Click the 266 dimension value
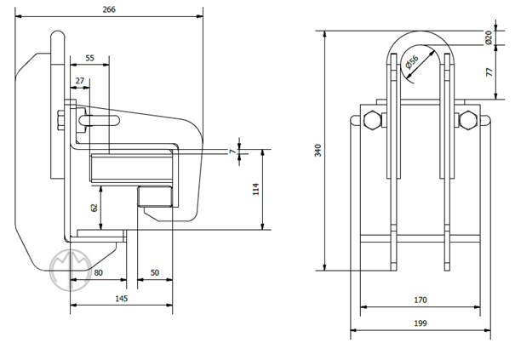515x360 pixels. click(x=108, y=9)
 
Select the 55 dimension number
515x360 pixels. click(x=90, y=59)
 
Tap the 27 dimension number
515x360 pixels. click(x=80, y=81)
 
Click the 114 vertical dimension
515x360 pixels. click(x=255, y=189)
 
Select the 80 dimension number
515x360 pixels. click(x=98, y=272)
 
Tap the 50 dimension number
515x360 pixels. click(x=155, y=272)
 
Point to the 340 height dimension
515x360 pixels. click(x=318, y=151)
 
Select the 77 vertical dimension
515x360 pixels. click(x=489, y=72)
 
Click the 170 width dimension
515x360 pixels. click(x=420, y=300)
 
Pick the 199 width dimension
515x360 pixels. click(x=420, y=323)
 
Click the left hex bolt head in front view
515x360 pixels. click(x=373, y=121)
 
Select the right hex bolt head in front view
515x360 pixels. click(x=466, y=121)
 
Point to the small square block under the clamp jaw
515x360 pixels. click(x=156, y=197)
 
